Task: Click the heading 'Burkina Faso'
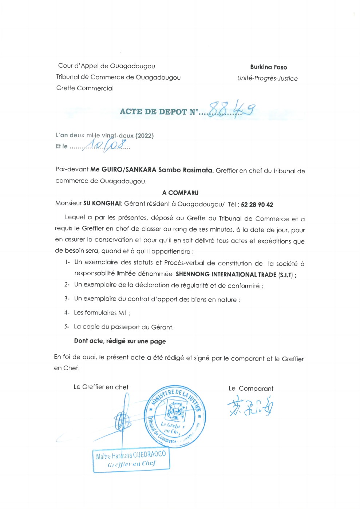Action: point(268,67)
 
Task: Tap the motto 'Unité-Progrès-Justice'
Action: point(267,78)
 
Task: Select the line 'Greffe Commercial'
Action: point(85,88)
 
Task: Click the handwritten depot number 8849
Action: point(232,108)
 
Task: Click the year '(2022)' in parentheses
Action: point(145,136)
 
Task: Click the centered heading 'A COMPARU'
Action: point(180,193)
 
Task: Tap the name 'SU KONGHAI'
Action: point(102,204)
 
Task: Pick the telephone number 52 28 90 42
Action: point(257,205)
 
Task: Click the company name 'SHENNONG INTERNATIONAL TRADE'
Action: point(226,274)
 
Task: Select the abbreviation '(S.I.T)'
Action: point(285,275)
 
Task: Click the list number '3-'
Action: point(67,299)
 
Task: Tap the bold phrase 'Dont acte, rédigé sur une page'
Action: point(120,341)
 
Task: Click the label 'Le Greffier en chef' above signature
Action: point(101,387)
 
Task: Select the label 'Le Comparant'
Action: point(251,388)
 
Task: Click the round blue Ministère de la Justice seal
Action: point(175,416)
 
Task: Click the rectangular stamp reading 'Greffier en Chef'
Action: point(131,460)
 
